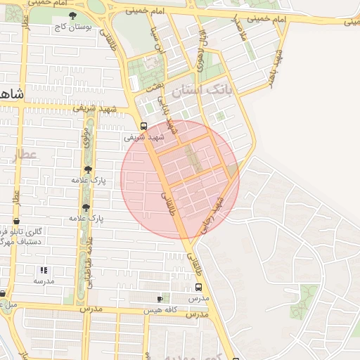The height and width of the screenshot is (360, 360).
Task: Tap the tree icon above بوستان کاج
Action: (73, 15)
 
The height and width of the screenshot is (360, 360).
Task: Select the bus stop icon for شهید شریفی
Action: (143, 127)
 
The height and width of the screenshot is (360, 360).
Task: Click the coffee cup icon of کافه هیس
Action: (160, 299)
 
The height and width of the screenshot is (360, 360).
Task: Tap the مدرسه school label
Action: (44, 281)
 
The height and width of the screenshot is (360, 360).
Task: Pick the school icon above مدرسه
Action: (44, 270)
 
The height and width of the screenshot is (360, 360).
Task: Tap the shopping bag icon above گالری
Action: (15, 222)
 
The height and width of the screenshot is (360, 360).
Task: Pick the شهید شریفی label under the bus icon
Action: (144, 137)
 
